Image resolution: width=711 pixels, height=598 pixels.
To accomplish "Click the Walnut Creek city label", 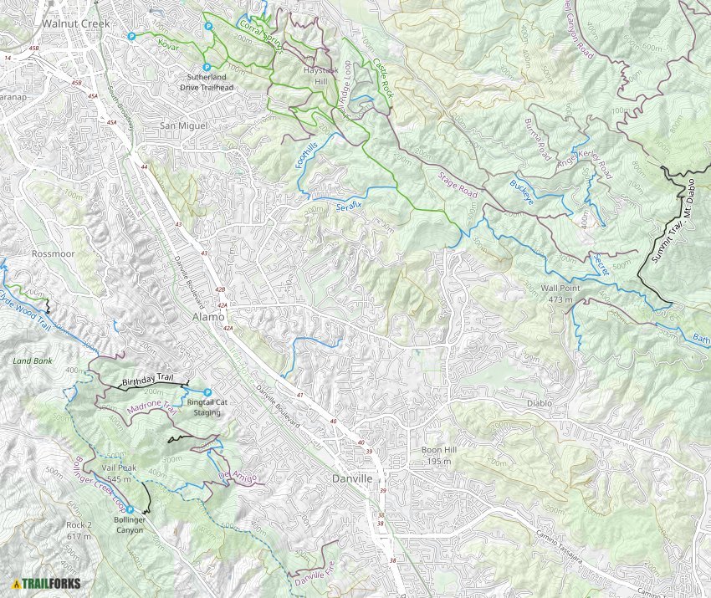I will click(76, 23).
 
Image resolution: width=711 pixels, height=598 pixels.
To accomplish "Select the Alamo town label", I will click(208, 318).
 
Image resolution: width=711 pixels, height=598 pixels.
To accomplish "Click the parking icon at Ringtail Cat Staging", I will click(207, 393).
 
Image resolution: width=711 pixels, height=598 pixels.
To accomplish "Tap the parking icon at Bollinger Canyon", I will click(130, 509).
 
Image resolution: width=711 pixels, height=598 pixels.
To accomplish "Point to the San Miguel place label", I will click(182, 125).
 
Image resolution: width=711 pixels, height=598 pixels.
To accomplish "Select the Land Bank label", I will click(32, 361).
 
